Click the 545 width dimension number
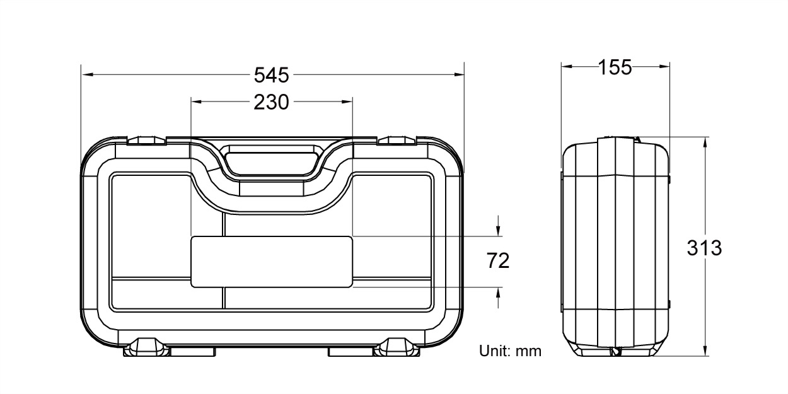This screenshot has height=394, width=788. (271, 75)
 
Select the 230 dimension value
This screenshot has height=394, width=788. (271, 102)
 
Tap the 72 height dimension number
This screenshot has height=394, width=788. (498, 261)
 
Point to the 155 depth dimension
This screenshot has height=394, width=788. (615, 67)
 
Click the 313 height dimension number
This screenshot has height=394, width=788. (704, 248)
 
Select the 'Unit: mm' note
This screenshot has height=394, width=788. (510, 351)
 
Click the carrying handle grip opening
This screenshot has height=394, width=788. (271, 163)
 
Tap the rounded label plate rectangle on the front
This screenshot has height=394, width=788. (271, 262)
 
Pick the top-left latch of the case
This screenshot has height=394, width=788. (146, 141)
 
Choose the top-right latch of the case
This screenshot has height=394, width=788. (397, 141)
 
